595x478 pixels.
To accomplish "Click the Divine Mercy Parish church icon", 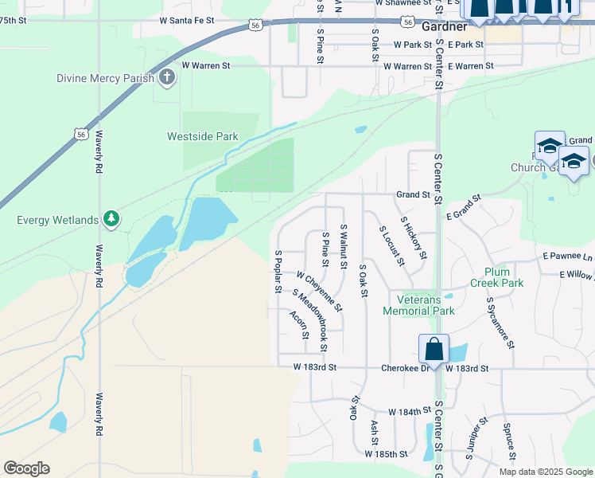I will (x=166, y=77).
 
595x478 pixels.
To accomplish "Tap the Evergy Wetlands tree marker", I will (x=111, y=219).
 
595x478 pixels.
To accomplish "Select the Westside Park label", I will (x=203, y=136).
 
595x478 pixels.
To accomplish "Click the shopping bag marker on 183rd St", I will (x=434, y=349).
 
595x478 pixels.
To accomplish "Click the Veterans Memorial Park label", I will (x=419, y=305).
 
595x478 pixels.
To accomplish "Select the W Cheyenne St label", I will (x=319, y=291).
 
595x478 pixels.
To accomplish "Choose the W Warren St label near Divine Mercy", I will (x=206, y=65).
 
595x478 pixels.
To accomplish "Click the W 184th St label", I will (x=410, y=412).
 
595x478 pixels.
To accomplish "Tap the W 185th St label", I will (x=386, y=454).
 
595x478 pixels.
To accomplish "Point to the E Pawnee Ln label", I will (x=568, y=257).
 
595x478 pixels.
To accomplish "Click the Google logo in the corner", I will (x=26, y=468).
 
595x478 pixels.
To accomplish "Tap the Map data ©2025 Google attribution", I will (x=546, y=472).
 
